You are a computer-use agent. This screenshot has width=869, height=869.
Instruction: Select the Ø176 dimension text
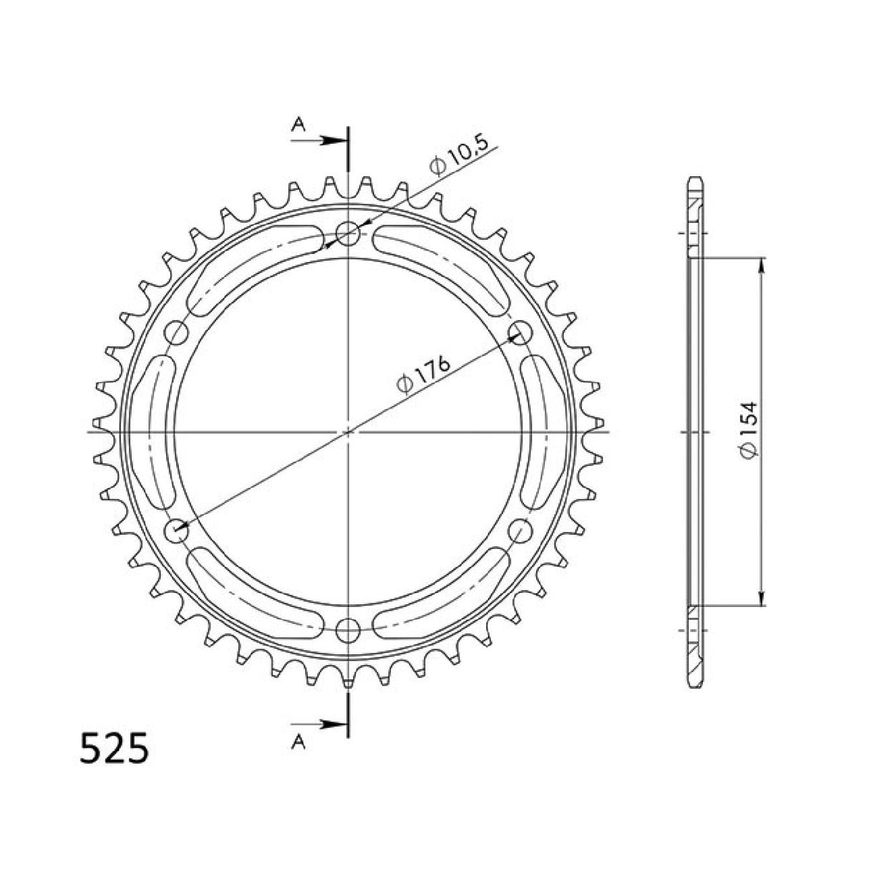pyautogui.click(x=423, y=375)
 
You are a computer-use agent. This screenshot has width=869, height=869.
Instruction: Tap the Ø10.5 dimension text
pyautogui.click(x=459, y=155)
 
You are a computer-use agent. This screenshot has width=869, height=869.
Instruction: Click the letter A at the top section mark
pyautogui.click(x=300, y=126)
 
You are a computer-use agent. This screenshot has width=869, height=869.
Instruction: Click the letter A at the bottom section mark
pyautogui.click(x=300, y=744)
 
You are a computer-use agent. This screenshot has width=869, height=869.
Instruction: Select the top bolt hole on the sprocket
pyautogui.click(x=348, y=233)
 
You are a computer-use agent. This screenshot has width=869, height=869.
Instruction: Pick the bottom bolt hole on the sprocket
pyautogui.click(x=348, y=630)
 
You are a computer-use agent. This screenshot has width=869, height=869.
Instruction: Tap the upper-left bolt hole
pyautogui.click(x=176, y=332)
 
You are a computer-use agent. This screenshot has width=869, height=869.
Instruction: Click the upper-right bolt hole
pyautogui.click(x=520, y=332)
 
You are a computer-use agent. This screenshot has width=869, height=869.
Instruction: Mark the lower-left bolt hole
pyautogui.click(x=176, y=531)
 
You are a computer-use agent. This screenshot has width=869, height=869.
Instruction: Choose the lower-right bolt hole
pyautogui.click(x=520, y=531)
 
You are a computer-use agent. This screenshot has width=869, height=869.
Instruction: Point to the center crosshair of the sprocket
pyautogui.click(x=348, y=432)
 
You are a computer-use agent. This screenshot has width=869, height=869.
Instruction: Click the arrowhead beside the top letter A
pyautogui.click(x=332, y=140)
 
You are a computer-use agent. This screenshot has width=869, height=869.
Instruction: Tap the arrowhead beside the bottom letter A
pyautogui.click(x=332, y=724)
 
